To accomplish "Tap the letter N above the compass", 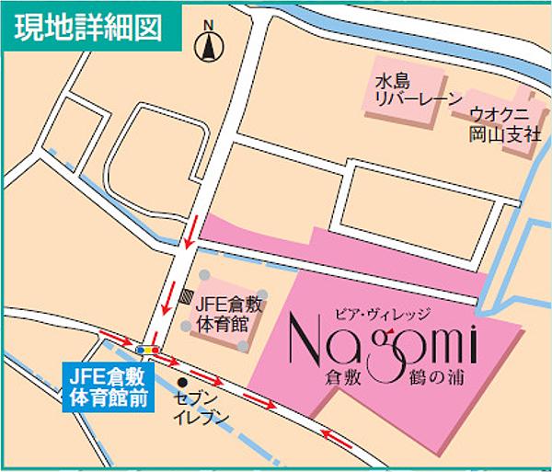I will click(x=209, y=25).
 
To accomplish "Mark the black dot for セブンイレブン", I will click(x=182, y=383).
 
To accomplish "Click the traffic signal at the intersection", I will click(x=147, y=351).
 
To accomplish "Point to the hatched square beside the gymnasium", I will click(x=187, y=297).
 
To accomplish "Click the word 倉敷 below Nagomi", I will click(x=343, y=377).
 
